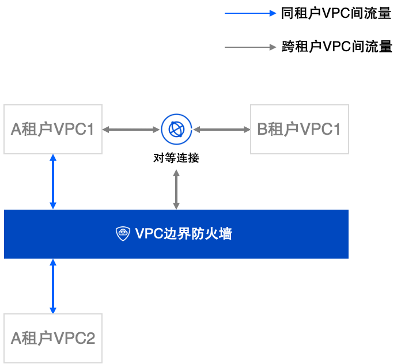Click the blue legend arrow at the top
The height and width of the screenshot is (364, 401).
coord(250,13)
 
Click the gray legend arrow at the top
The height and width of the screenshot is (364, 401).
coord(250,47)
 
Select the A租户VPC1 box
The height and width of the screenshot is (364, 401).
coord(53,130)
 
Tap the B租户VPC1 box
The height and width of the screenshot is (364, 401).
coord(299,130)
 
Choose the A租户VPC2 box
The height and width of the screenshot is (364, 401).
coord(53,338)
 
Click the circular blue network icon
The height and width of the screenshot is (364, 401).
coord(176,130)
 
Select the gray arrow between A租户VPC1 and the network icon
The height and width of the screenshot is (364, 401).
coord(131,130)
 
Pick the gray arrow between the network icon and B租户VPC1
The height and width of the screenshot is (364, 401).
coord(221,130)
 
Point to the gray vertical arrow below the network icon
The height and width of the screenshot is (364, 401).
coord(176,189)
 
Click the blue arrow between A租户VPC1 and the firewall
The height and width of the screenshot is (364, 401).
coord(53,181)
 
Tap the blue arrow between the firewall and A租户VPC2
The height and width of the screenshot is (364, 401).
coord(53,286)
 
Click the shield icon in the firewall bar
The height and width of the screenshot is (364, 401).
coord(123,234)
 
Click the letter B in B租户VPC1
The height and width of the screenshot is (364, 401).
coord(262,130)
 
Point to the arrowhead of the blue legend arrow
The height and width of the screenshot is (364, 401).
coord(273,13)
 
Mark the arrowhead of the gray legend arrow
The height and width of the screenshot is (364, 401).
coord(273,47)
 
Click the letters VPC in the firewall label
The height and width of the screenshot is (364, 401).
coord(149,234)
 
